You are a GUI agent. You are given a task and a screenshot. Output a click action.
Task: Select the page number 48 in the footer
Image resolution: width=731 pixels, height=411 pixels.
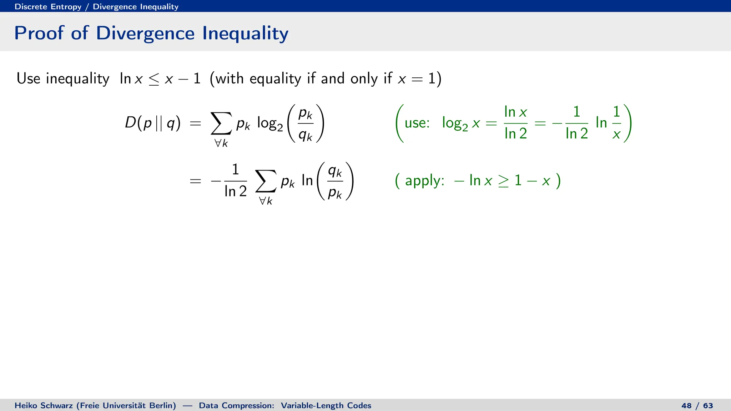pos(686,406)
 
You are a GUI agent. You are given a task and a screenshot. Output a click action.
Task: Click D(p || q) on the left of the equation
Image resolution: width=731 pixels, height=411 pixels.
pos(152,123)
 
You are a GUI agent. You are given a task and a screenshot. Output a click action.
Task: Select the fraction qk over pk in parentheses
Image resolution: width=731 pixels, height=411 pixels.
pos(335,181)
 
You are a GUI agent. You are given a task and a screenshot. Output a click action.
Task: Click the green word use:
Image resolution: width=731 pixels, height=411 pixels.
pos(417,123)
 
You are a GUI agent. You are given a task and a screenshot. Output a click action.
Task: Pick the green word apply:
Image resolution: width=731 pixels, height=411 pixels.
pos(424,181)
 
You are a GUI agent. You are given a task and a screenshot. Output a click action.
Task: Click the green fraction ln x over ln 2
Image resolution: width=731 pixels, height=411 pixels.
pos(515,123)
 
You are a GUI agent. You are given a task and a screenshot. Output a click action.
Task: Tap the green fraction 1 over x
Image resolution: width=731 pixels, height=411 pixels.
pos(616,123)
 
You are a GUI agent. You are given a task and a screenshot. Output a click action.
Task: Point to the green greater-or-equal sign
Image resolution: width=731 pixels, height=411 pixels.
pos(503,181)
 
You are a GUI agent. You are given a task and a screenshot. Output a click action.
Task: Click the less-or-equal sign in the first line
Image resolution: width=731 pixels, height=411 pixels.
pos(154,79)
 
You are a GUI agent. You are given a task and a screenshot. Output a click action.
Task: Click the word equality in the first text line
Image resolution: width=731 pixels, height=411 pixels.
pos(275,79)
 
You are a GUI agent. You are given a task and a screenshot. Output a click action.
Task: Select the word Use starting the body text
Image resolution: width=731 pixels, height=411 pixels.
pos(28,78)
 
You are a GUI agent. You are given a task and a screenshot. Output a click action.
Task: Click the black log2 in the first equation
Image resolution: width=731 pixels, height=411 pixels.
pos(270,124)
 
